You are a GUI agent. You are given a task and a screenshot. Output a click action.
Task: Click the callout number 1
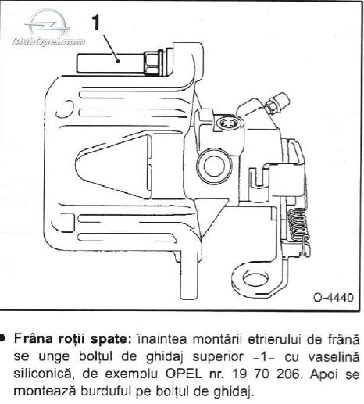coord(96,22)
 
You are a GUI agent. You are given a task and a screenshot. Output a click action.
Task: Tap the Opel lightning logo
coord(48,23)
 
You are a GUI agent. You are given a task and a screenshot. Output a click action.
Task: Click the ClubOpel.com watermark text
coord(48,41)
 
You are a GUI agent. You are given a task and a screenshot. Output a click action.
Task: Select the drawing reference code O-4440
coord(334,297)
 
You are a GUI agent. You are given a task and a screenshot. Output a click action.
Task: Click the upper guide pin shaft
coord(110,63)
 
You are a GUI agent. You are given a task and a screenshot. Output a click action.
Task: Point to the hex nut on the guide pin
coord(150,63)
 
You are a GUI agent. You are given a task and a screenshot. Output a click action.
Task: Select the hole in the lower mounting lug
coord(255,278)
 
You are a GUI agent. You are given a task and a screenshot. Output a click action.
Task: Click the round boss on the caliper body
coord(214,166)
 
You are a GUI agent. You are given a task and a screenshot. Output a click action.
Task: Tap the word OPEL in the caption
coord(184,374)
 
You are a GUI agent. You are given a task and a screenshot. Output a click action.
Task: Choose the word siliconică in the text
coord(42,374)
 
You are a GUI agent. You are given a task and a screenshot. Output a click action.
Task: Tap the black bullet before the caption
coord(2,338)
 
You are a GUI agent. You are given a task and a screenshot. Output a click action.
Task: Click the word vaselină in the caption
coord(334,357)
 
